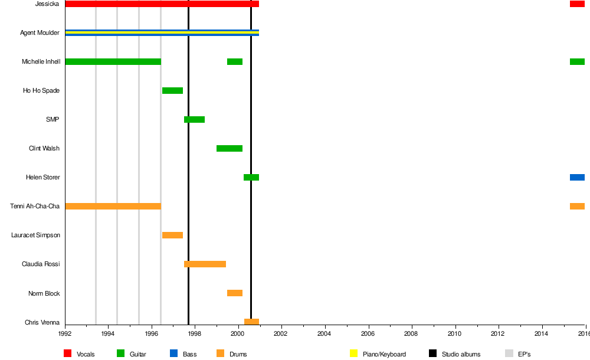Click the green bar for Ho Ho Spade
point(172,90)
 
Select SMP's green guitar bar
point(194,119)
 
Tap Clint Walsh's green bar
point(229,148)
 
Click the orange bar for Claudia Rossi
point(205,264)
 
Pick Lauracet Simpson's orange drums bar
point(172,235)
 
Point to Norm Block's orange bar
point(234,293)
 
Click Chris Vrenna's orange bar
point(251,322)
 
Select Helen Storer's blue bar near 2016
point(577,177)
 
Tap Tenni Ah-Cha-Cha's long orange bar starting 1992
point(113,206)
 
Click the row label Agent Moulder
point(40,33)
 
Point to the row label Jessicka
point(47,4)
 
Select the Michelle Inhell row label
point(41,62)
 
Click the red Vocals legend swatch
point(68,354)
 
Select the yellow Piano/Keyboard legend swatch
point(354,354)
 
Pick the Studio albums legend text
point(461,354)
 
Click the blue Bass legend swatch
point(173,354)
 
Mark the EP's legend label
point(524,354)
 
